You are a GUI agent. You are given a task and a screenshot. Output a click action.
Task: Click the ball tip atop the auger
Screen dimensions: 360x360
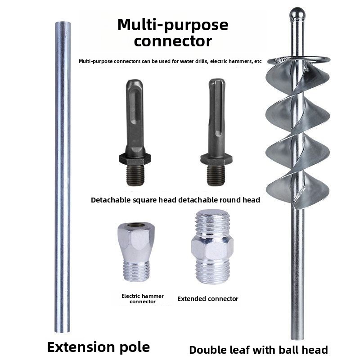coord(297,14)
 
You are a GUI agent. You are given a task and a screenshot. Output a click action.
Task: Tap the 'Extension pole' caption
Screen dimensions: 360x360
coord(98,347)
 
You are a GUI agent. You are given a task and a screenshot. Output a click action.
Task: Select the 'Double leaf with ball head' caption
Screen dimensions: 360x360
coord(258,350)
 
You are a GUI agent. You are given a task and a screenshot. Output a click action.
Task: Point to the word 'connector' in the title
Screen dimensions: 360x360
coord(173,41)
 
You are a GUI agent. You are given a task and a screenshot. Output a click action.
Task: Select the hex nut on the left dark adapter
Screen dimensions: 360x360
coord(135,159)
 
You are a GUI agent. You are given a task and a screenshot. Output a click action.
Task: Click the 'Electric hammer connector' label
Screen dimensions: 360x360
coord(143,298)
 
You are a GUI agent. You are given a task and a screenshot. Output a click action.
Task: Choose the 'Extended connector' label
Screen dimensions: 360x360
coord(208,298)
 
